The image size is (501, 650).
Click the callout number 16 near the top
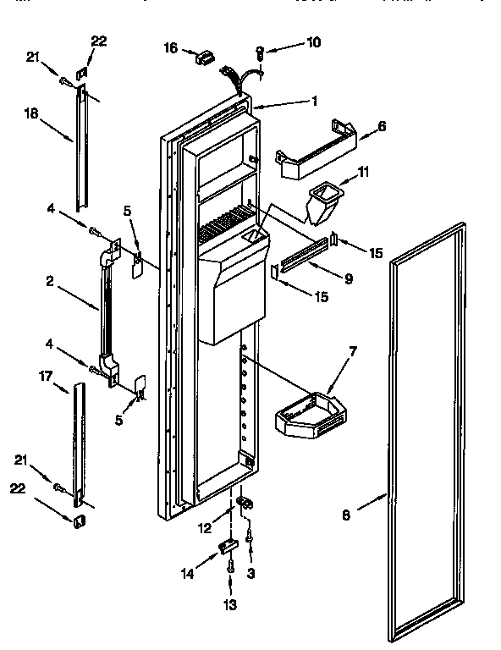coord(170,49)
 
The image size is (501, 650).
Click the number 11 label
coord(364,172)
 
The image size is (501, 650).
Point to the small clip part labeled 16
coord(203,57)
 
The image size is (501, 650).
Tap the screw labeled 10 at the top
coord(261,55)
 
